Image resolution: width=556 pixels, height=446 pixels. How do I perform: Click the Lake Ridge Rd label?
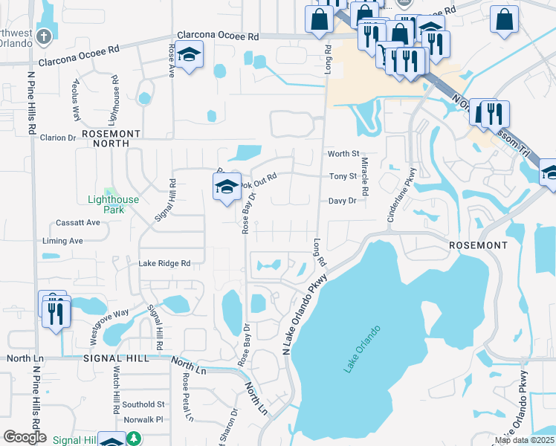click(x=164, y=263)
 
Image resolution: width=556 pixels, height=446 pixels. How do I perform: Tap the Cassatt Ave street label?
click(x=77, y=223)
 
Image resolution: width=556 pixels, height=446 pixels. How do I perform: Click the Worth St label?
click(x=343, y=154)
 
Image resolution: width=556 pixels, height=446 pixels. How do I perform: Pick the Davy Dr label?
click(x=343, y=201)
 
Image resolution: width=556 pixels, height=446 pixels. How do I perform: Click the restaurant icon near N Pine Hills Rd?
click(x=55, y=312)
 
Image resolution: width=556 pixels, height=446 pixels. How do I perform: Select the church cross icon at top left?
click(x=44, y=35)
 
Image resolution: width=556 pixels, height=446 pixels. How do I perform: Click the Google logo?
click(x=25, y=437)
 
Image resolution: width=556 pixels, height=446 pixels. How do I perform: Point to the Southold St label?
click(x=143, y=404)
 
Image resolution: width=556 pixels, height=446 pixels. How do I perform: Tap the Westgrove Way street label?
click(x=109, y=325)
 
